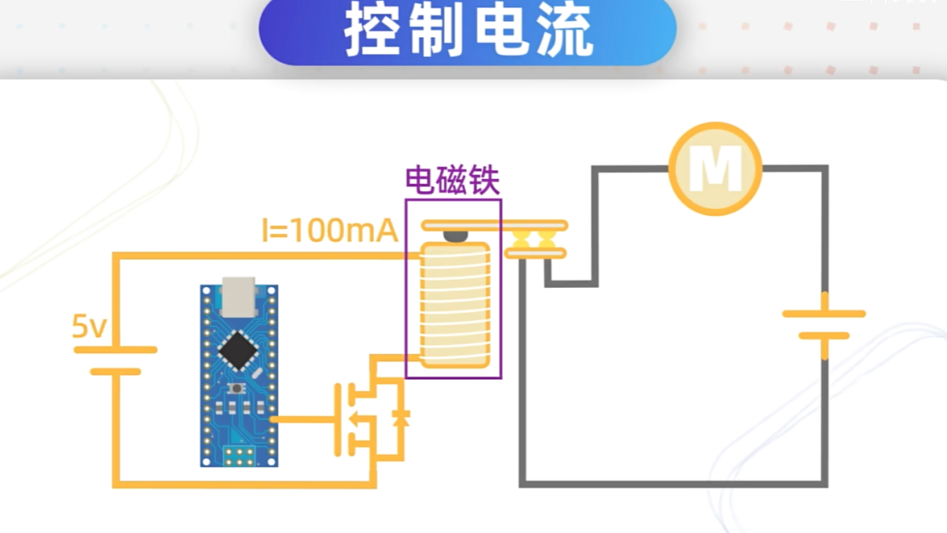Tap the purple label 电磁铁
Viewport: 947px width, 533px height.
[x=452, y=181]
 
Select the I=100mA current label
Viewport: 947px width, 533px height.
[x=330, y=231]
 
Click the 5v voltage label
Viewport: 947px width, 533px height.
[x=89, y=327]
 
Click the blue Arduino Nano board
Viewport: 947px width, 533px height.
[x=239, y=375]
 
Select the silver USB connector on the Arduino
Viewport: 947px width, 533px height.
[x=238, y=296]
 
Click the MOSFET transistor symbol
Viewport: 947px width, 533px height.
[x=355, y=418]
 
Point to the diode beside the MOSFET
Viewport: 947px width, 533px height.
[x=400, y=417]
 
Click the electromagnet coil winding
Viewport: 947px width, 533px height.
[x=456, y=305]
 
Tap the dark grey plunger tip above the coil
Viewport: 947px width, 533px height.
[x=455, y=235]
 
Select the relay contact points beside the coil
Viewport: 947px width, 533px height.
[x=534, y=239]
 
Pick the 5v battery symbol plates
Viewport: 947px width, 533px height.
[x=115, y=360]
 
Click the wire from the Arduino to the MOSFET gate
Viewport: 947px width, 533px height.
[x=303, y=419]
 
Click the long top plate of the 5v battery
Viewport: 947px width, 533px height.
[x=115, y=350]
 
